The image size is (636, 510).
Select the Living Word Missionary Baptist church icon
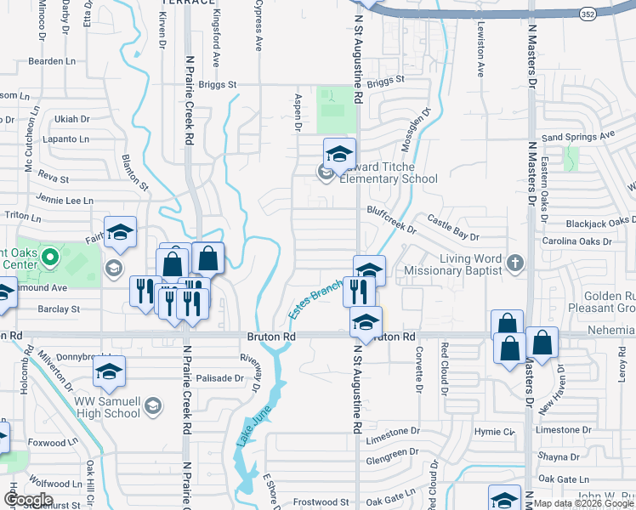(514, 263)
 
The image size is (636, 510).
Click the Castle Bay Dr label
(453, 227)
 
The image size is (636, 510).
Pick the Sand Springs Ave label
(577, 136)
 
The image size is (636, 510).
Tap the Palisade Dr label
(220, 378)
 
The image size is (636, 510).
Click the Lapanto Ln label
(65, 138)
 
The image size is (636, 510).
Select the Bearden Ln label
(52, 61)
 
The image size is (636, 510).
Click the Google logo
(28, 500)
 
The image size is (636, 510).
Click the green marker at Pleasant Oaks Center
(50, 256)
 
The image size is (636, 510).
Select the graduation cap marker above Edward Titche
(339, 153)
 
